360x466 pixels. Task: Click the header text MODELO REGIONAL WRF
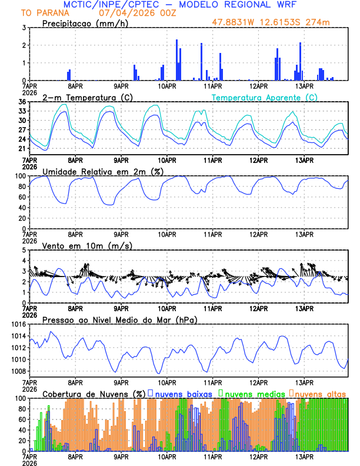[x=232, y=4]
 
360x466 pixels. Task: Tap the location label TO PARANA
[x=45, y=13]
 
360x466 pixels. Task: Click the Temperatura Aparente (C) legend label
[x=264, y=97]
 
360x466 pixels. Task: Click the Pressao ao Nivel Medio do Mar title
[x=120, y=319]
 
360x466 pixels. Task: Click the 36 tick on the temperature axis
[x=21, y=102]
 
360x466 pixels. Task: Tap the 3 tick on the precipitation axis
[x=23, y=28]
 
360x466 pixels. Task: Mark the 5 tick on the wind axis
[x=23, y=250]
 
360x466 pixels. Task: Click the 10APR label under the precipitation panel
[x=167, y=86]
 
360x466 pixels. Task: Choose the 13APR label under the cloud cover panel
[x=304, y=457]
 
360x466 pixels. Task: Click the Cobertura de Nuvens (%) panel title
[x=94, y=393]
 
